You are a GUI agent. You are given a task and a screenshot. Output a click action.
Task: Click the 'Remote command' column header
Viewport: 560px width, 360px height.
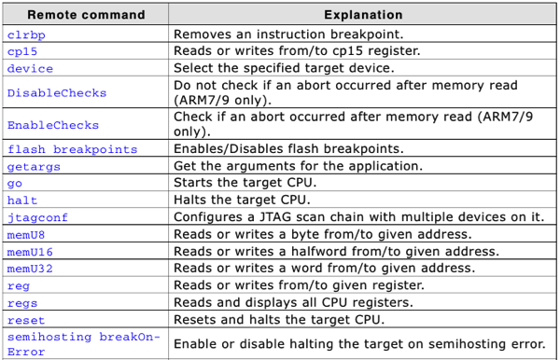pyautogui.click(x=86, y=15)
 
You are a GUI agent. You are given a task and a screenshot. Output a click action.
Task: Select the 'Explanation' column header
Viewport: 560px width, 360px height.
pyautogui.click(x=363, y=15)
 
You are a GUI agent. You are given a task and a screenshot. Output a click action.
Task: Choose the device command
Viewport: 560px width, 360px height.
pyautogui.click(x=30, y=68)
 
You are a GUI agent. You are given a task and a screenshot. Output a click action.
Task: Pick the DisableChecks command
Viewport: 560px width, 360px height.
pyautogui.click(x=57, y=92)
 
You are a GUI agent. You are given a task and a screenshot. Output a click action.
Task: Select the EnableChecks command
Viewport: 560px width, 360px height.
pyautogui.click(x=53, y=125)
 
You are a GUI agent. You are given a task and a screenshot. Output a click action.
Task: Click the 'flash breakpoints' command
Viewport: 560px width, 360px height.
pyautogui.click(x=72, y=149)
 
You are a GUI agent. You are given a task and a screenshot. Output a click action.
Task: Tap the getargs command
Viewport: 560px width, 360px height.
pyautogui.click(x=34, y=166)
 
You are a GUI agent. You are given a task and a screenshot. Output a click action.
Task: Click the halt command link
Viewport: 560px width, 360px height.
pyautogui.click(x=22, y=200)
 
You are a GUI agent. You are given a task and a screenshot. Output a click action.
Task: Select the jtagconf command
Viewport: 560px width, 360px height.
pyautogui.click(x=37, y=217)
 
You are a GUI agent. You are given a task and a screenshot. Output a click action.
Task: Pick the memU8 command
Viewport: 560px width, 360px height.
pyautogui.click(x=26, y=234)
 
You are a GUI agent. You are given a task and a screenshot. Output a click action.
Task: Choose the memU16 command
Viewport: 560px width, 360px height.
pyautogui.click(x=30, y=251)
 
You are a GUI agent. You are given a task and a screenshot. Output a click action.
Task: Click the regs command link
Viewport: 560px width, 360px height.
pyautogui.click(x=22, y=302)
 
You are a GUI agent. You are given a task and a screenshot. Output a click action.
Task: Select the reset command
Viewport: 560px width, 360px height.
pyautogui.click(x=26, y=320)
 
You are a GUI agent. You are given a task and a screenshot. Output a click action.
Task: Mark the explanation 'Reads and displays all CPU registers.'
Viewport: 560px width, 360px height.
pyautogui.click(x=290, y=302)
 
